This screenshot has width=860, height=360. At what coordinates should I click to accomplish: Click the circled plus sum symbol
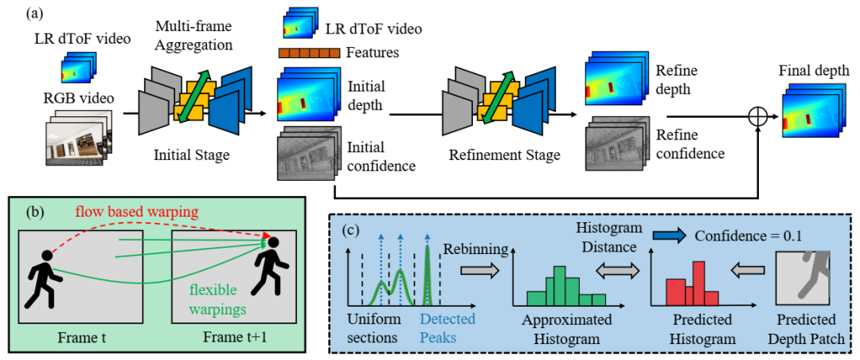click(x=759, y=115)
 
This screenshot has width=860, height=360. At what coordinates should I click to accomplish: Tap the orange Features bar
click(x=309, y=53)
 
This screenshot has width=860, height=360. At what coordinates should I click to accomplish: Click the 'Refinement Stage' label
click(x=505, y=155)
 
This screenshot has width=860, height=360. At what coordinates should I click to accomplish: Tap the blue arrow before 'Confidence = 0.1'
click(x=669, y=237)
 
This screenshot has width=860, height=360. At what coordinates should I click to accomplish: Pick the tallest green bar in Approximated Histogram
click(x=559, y=285)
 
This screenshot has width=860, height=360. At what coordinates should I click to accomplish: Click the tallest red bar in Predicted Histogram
click(x=698, y=284)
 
